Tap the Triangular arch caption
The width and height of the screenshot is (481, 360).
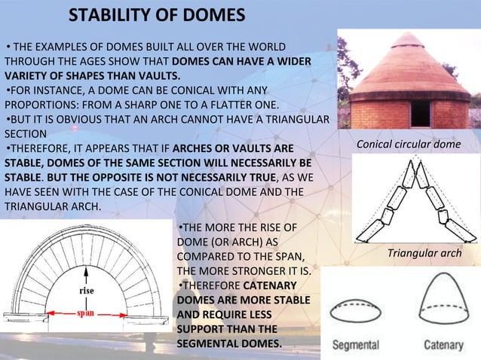(424, 254)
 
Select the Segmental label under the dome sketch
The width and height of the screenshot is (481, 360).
(357, 345)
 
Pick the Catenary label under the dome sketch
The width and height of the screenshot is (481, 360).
(443, 345)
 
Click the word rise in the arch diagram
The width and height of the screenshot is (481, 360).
(87, 291)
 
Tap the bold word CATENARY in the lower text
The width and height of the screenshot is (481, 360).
(269, 285)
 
